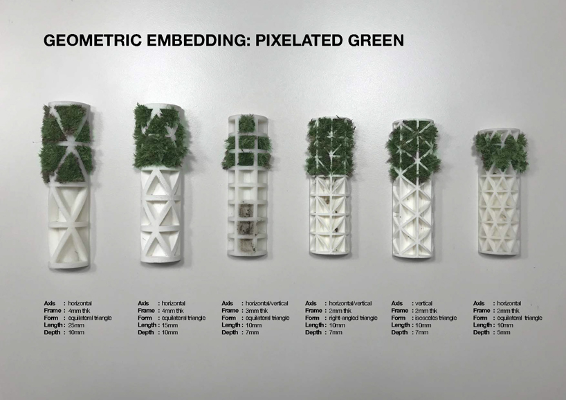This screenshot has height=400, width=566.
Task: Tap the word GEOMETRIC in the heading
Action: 93,40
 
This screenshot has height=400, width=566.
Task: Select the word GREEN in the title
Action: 376,40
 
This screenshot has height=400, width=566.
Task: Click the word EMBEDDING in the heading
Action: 199,40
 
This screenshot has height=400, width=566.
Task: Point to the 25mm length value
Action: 76,325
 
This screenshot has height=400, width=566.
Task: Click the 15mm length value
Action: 170,325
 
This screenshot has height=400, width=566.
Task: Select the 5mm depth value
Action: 504,332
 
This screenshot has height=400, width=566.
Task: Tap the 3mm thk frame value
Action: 257,311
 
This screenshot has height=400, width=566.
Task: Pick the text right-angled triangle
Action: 353,318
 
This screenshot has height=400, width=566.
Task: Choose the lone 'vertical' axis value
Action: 423,304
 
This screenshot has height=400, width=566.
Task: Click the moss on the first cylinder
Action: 65,144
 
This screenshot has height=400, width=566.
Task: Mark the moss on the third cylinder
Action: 247,144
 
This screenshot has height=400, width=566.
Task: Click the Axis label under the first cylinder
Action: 50,304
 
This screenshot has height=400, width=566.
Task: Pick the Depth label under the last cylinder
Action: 481,332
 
